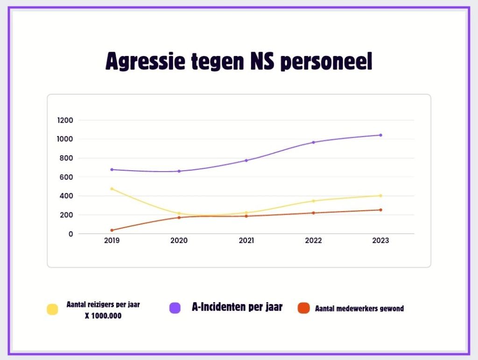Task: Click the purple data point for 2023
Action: click(x=380, y=135)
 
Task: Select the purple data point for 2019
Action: click(x=112, y=170)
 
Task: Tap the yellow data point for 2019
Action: click(x=112, y=189)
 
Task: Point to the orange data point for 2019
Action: click(x=112, y=230)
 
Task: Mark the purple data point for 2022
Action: click(x=313, y=142)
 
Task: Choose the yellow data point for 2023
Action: click(x=380, y=196)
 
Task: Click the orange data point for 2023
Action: click(x=380, y=210)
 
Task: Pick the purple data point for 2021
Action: click(x=246, y=160)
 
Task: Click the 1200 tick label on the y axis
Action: click(x=65, y=120)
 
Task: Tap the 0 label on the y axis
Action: click(x=71, y=234)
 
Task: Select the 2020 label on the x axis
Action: click(x=179, y=241)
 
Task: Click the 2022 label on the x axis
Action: click(x=313, y=241)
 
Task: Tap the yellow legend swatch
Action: click(x=52, y=309)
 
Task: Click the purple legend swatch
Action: click(x=175, y=308)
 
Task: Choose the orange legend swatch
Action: click(x=303, y=308)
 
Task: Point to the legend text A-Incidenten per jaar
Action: click(x=237, y=307)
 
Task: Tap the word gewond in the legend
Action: click(x=391, y=308)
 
